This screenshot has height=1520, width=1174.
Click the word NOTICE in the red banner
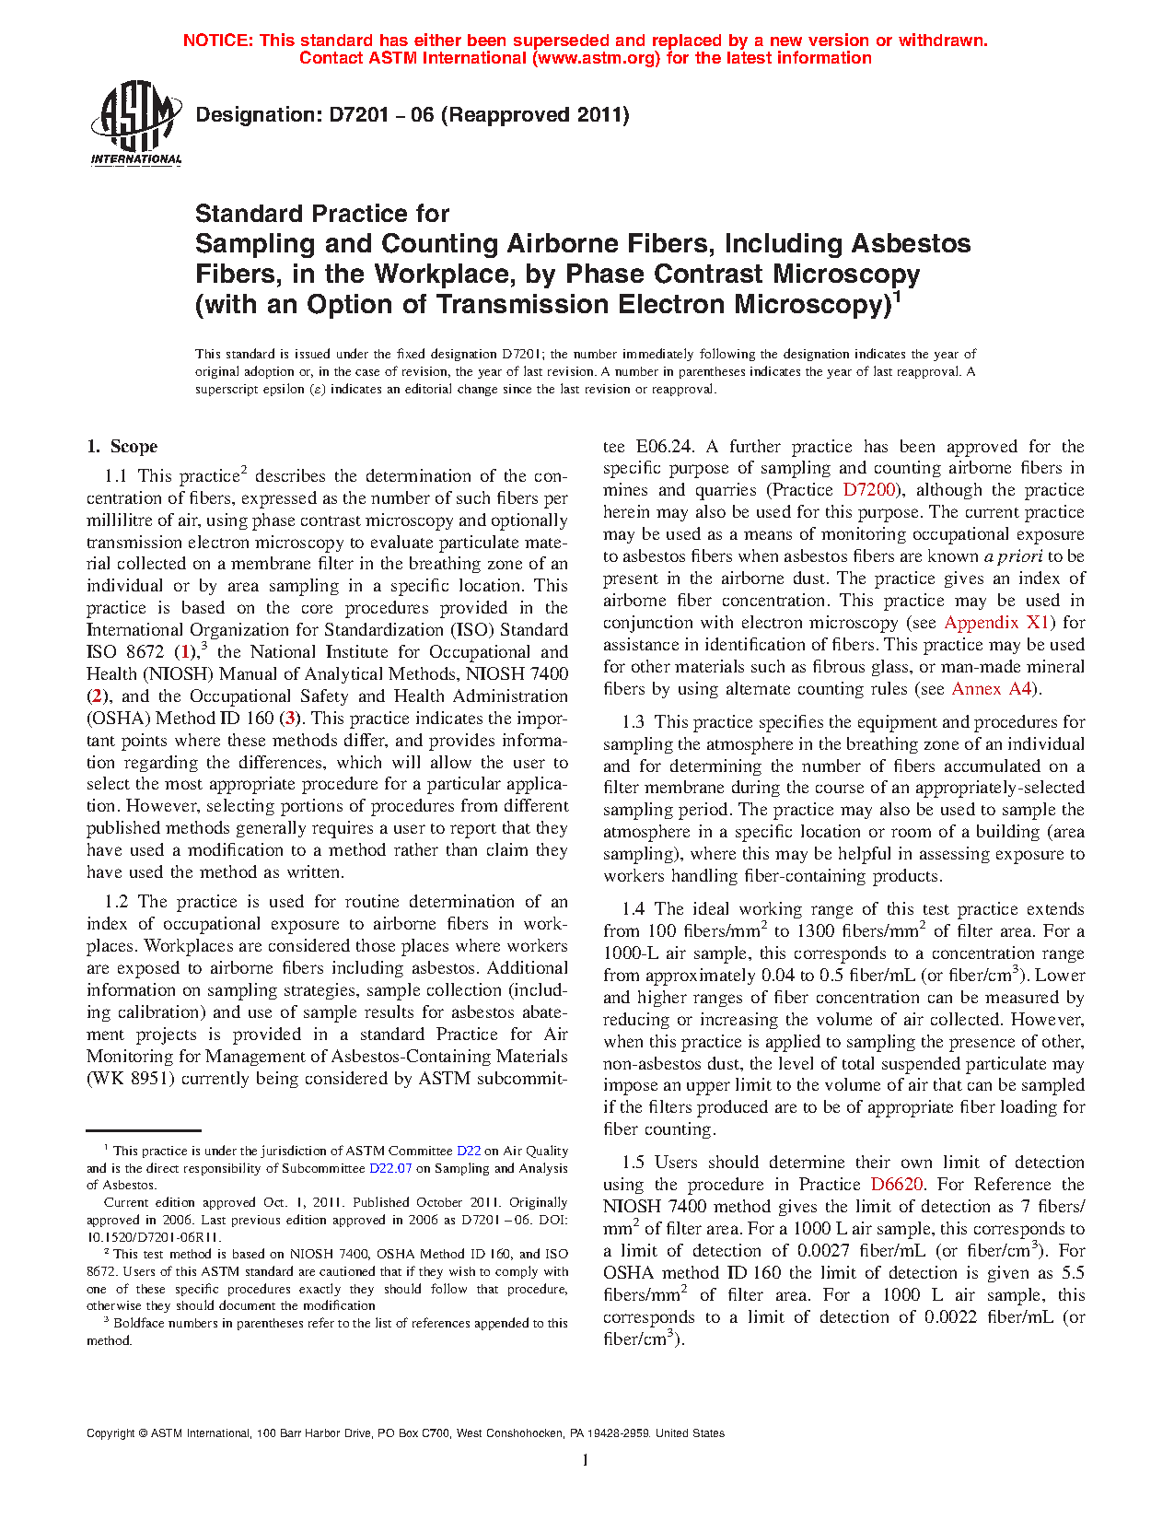[x=216, y=41]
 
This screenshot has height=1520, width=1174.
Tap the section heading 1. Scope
[x=122, y=447]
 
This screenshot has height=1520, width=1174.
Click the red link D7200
[x=868, y=490]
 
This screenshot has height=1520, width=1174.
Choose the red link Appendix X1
[x=997, y=623]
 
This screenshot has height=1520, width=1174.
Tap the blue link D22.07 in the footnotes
[x=390, y=1168]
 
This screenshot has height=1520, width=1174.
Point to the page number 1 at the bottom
[x=586, y=1459]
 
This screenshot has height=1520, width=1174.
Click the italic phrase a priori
[x=1013, y=556]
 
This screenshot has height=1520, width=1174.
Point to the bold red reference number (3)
[x=291, y=719]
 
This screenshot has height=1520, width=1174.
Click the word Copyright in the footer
[x=110, y=1433]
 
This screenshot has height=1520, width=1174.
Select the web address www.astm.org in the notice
[x=595, y=58]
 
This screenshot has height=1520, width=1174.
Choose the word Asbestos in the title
[x=911, y=244]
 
